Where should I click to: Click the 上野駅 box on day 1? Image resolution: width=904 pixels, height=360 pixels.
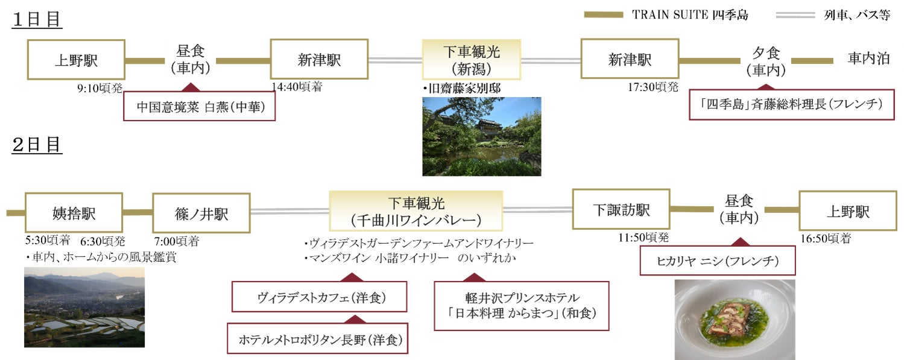76,60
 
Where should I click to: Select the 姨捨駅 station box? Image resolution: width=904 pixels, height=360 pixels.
74,212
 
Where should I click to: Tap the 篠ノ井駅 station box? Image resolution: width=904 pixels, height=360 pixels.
201,212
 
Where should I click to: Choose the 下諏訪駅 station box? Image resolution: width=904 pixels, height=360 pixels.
621,209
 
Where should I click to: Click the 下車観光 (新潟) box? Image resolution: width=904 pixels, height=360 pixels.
471,60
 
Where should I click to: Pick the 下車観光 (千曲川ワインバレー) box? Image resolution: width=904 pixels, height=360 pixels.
416,211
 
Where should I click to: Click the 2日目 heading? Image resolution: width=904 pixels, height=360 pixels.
37,145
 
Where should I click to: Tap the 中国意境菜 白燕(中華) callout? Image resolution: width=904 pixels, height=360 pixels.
199,107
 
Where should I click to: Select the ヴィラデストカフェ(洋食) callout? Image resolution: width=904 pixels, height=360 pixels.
319,297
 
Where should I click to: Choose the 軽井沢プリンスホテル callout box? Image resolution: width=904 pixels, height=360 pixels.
521,305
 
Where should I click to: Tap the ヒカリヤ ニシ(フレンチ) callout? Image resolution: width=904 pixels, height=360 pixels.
717,261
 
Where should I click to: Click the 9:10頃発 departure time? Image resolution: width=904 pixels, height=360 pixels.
100,88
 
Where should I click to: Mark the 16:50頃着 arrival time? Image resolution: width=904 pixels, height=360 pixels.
825,239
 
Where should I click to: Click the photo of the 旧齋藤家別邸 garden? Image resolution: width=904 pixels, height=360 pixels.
481,136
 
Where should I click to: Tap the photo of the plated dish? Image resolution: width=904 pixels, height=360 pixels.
734,319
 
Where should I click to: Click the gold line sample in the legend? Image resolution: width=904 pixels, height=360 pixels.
603,14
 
